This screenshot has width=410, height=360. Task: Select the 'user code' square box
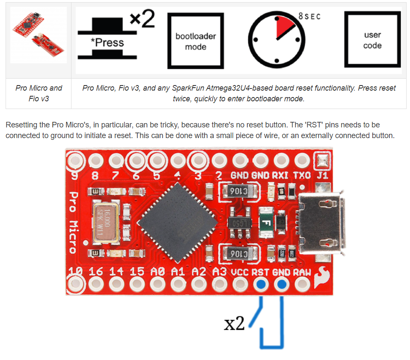click(x=372, y=40)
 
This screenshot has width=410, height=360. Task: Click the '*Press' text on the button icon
click(x=107, y=43)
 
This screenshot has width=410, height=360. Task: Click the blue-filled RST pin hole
click(x=260, y=284)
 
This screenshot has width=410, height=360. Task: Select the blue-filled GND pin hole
click(x=281, y=284)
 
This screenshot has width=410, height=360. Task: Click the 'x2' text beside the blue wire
click(x=235, y=324)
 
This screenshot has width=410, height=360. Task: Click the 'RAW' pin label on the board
click(x=302, y=272)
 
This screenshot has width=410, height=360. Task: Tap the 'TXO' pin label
click(x=301, y=175)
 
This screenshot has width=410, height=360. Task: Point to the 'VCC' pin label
click(x=240, y=272)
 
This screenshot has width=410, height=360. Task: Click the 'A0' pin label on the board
click(x=157, y=272)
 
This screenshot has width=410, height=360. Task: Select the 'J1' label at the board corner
click(x=321, y=175)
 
